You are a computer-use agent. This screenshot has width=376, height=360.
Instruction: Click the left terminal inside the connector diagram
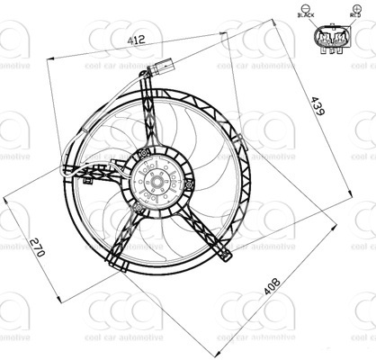(323, 39)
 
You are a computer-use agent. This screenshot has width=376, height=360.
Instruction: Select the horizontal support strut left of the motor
(99, 175)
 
